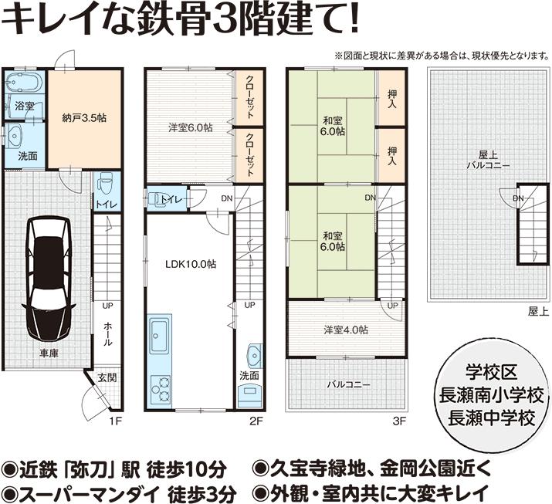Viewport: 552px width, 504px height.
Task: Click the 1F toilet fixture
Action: pyautogui.click(x=106, y=182)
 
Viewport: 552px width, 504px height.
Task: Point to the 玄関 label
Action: pyautogui.click(x=107, y=378)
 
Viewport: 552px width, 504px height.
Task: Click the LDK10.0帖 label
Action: pyautogui.click(x=190, y=264)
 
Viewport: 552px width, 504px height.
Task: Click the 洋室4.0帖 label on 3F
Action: pyautogui.click(x=345, y=330)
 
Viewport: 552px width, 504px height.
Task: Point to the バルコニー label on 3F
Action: pyautogui.click(x=347, y=384)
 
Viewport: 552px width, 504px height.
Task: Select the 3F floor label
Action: pyautogui.click(x=398, y=421)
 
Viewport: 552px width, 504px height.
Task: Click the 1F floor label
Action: pyautogui.click(x=115, y=421)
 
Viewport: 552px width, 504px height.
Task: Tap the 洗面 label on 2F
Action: pyautogui.click(x=249, y=375)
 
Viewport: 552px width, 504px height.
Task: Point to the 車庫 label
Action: pyautogui.click(x=50, y=354)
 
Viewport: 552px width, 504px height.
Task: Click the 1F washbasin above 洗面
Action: pyautogui.click(x=16, y=137)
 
